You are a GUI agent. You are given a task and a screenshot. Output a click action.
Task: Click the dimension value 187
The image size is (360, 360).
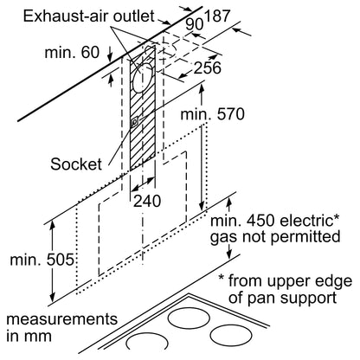217,16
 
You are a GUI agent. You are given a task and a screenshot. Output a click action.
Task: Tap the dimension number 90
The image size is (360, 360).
194,24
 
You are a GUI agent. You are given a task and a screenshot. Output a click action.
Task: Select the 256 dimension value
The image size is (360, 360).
207,67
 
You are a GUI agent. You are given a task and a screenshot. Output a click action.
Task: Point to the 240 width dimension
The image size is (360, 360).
147,201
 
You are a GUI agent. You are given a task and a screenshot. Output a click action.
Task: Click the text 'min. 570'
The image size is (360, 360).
212,114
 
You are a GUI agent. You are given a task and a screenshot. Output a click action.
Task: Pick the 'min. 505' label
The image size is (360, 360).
42,260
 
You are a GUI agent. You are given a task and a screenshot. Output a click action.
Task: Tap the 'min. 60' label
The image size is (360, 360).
72,53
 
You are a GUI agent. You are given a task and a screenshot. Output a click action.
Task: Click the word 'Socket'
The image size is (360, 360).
76,164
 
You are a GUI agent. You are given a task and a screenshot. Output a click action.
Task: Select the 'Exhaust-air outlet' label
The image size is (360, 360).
88,16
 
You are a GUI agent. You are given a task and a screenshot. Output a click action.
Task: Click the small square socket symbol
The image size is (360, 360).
134,123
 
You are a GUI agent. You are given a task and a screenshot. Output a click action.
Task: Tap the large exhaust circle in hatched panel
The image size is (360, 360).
142,78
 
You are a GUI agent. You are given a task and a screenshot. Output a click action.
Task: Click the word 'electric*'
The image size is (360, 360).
306,221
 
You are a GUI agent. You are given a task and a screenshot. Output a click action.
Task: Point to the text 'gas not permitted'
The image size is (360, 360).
275,237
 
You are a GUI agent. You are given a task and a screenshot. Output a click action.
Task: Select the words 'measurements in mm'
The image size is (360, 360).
62,327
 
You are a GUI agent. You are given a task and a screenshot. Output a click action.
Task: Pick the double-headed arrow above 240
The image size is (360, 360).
143,184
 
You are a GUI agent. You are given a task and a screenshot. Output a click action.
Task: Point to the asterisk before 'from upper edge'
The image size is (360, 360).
221,278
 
